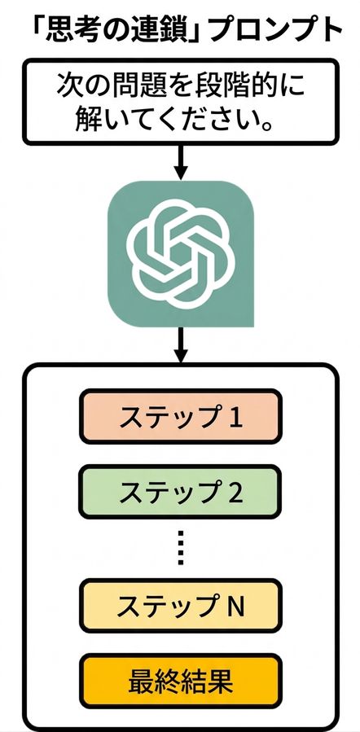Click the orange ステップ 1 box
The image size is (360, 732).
180,416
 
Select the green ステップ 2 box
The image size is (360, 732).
180,492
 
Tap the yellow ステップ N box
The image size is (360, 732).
180,606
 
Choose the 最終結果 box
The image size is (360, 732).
180,682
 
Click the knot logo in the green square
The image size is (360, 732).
180,253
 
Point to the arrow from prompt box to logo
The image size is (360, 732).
181,162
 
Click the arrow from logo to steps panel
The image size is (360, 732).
181,344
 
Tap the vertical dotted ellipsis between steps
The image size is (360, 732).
181,548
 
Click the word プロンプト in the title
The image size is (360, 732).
276,30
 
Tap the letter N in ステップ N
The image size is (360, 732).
236,606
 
